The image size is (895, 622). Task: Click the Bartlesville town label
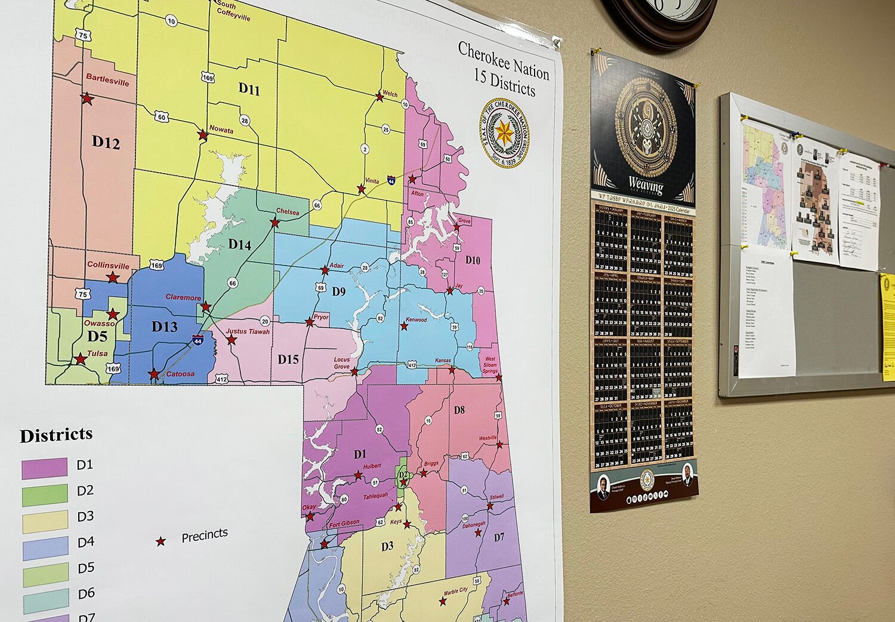(107, 79)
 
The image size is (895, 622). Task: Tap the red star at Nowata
(203, 136)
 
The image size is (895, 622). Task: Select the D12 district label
(106, 142)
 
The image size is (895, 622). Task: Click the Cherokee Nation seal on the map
(505, 133)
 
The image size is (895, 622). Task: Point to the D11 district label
(249, 90)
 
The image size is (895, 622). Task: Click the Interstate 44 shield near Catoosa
(198, 340)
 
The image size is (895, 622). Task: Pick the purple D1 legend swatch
(45, 467)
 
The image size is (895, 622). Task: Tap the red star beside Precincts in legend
(161, 541)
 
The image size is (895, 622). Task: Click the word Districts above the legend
(56, 435)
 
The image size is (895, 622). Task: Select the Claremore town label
(183, 297)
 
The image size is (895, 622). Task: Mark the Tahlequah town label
(376, 495)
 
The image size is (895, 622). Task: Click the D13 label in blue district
(164, 327)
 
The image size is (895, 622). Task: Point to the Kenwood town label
(416, 320)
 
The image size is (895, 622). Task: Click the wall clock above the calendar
(659, 18)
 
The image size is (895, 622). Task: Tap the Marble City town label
(455, 591)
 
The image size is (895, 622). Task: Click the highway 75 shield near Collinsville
(83, 294)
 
